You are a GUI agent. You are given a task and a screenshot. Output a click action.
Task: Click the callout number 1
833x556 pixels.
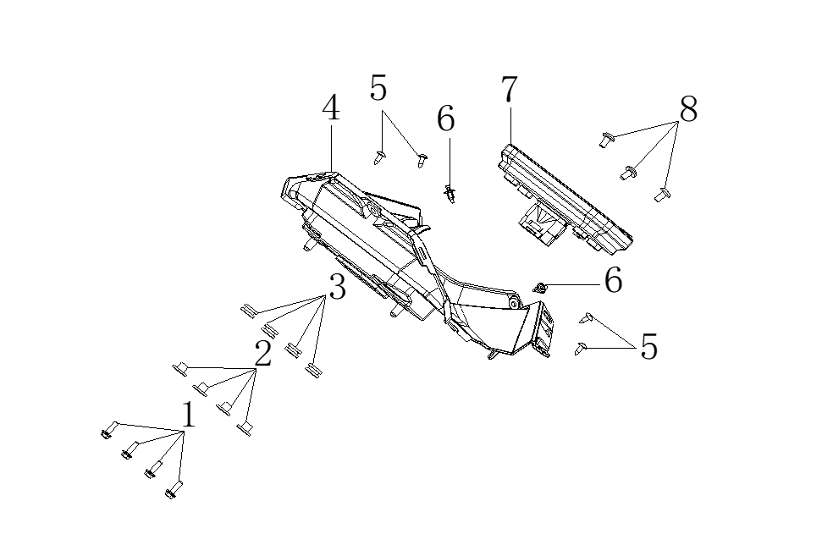188,416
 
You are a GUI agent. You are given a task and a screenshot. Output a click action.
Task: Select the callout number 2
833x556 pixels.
263,354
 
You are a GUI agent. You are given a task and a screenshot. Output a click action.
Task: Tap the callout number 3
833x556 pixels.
337,289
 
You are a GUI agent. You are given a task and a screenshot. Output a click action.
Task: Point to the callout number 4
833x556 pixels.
331,108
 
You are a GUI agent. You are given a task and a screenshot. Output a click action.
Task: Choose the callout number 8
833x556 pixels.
688,109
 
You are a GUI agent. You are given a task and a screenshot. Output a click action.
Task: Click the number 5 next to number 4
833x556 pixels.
378,88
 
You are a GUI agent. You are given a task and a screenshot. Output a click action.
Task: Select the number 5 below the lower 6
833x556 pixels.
648,347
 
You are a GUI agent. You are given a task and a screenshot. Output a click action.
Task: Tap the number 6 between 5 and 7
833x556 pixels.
446,119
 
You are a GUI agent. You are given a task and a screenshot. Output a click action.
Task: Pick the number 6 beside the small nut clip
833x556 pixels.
613,280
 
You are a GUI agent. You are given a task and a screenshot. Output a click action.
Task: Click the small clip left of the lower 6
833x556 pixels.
539,289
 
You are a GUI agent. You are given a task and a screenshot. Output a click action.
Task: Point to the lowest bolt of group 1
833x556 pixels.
174,489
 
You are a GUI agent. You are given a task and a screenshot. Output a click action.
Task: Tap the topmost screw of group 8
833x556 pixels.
604,139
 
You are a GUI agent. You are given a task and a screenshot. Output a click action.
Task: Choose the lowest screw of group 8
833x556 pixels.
661,195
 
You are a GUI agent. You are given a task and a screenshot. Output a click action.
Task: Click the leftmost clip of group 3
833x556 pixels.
246,310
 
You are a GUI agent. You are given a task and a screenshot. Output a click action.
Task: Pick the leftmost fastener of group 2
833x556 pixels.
180,368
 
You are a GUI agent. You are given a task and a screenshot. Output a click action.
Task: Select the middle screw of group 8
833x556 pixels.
628,173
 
